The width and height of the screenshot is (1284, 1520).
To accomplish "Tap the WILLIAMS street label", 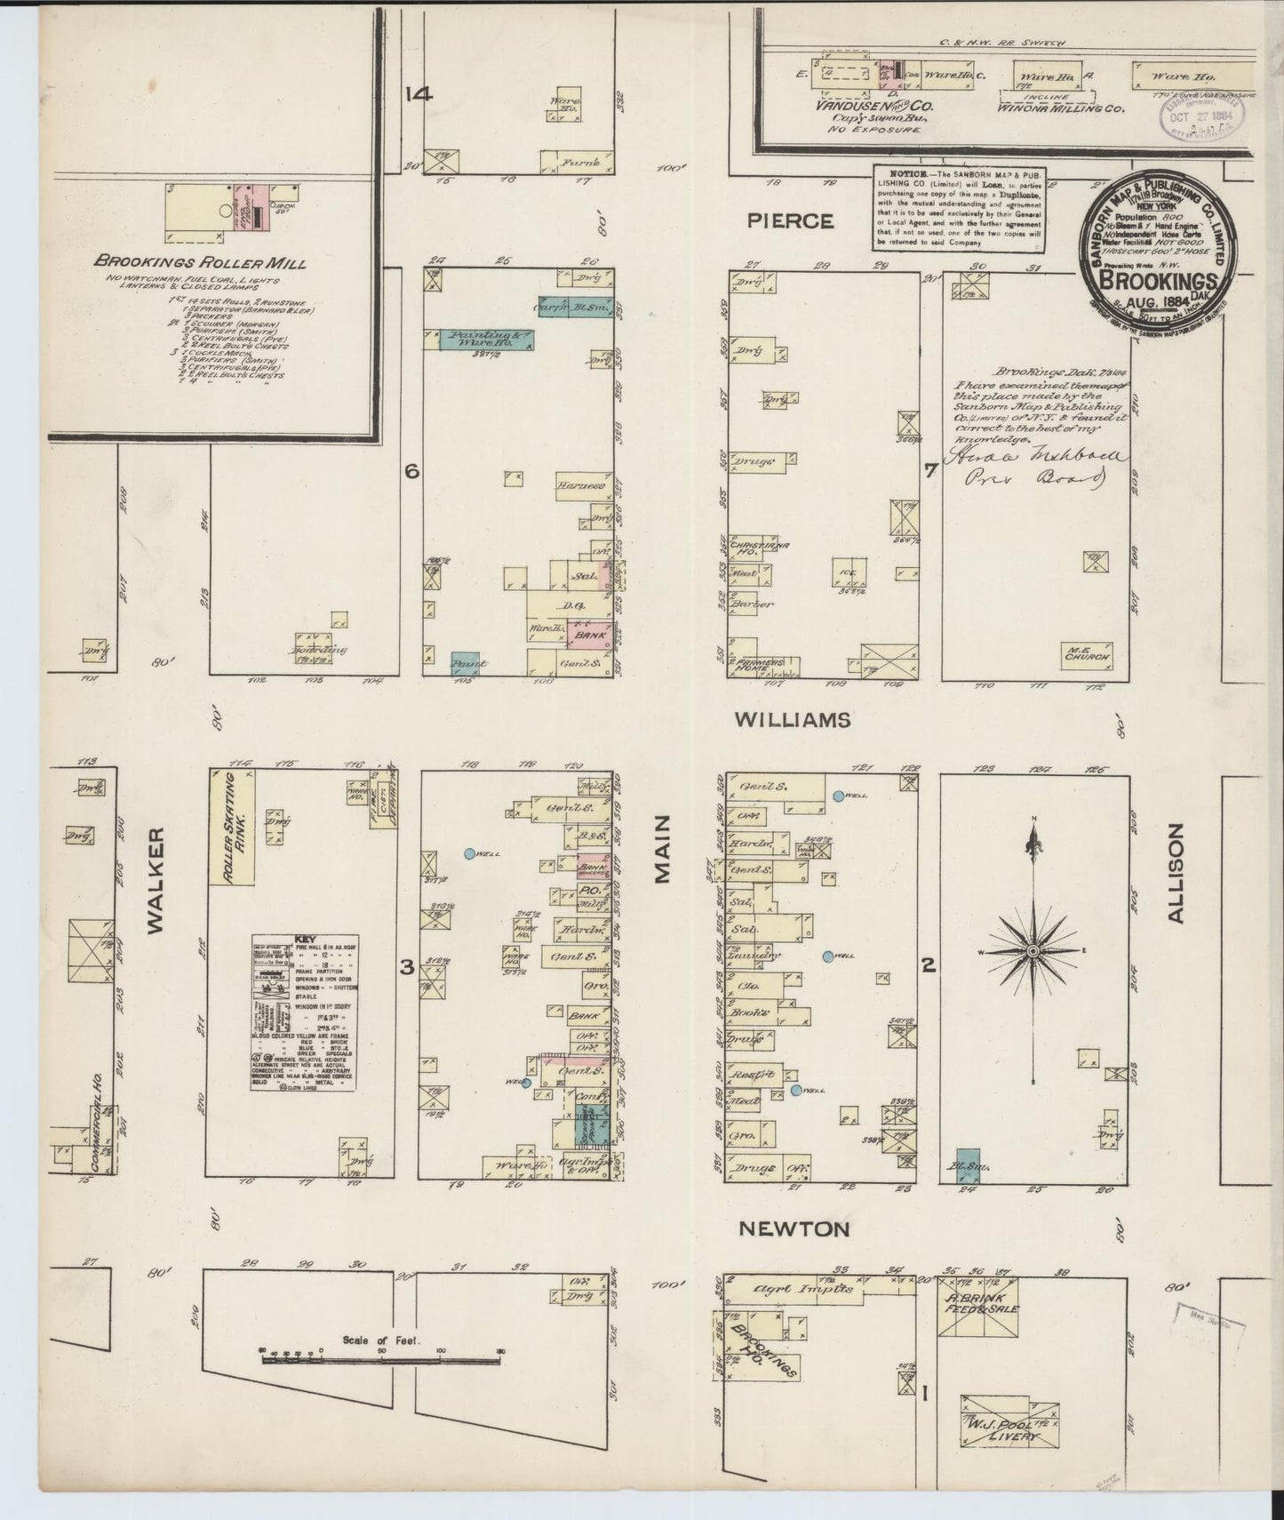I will pyautogui.click(x=794, y=720).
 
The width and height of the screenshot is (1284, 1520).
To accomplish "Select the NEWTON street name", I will pyautogui.click(x=795, y=1229).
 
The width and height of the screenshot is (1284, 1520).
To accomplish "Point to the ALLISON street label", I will pyautogui.click(x=1177, y=874).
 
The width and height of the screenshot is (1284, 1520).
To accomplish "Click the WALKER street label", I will pyautogui.click(x=157, y=880).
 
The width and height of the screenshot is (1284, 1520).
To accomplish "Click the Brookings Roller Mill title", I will pyautogui.click(x=200, y=263).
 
